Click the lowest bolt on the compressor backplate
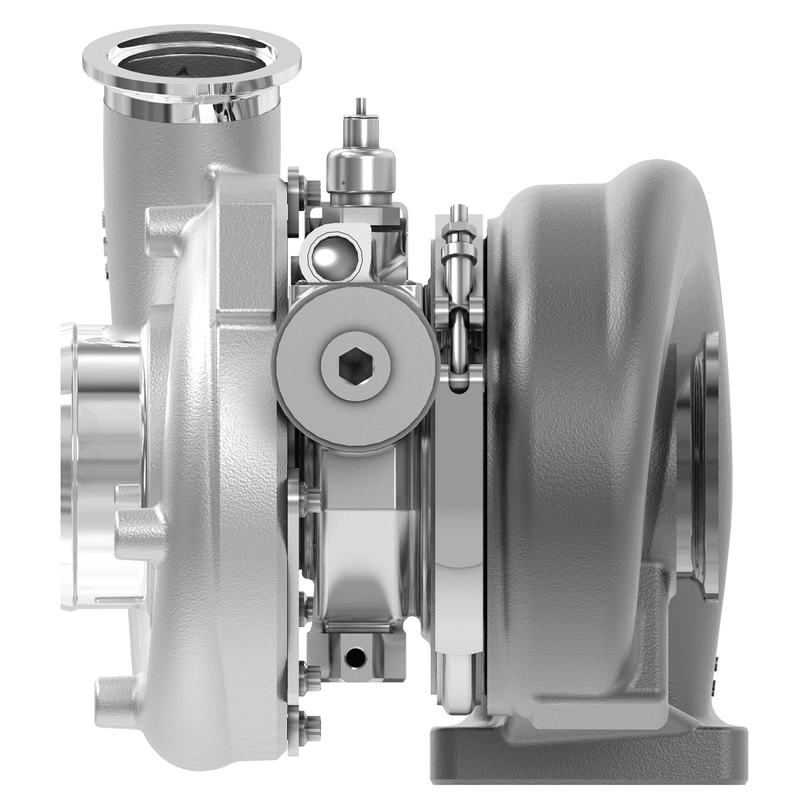pos(301,721)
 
